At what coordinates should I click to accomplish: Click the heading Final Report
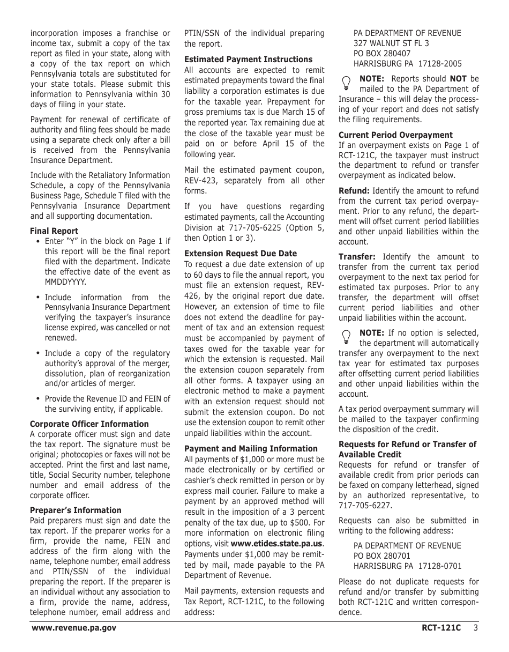point(54,231)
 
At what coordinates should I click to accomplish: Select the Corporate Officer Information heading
point(89,424)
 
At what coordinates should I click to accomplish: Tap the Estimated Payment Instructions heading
point(248,60)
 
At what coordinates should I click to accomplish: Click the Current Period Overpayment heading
point(395,135)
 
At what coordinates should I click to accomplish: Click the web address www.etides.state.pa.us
point(276,543)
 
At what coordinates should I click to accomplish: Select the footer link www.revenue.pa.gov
point(74,628)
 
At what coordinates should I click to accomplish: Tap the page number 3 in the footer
point(475,628)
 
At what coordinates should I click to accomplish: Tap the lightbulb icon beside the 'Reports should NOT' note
point(346,83)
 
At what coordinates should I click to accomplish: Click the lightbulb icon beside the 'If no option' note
point(346,336)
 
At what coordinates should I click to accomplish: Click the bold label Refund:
point(354,191)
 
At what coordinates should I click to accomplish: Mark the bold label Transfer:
point(357,257)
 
